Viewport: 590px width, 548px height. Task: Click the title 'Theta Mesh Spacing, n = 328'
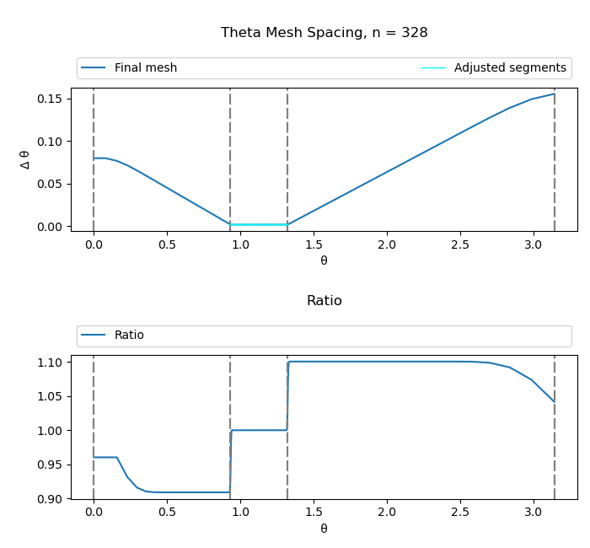tap(324, 33)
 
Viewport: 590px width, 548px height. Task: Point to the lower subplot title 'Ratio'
tap(324, 301)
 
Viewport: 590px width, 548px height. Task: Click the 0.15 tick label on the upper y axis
tap(50, 99)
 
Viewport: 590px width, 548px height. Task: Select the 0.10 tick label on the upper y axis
tap(50, 142)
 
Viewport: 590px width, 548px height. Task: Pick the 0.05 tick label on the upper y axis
tap(50, 184)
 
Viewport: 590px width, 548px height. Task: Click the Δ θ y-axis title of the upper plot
tap(24, 159)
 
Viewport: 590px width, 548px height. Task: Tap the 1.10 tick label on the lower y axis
tap(50, 363)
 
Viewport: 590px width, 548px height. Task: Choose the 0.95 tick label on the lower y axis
tap(50, 465)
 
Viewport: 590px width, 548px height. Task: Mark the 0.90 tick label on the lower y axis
tap(50, 499)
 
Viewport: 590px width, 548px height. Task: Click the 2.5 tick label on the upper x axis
tap(460, 244)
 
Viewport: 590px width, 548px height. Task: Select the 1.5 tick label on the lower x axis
tap(314, 513)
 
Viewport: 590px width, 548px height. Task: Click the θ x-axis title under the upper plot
tap(324, 261)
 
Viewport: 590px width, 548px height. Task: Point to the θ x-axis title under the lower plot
tap(324, 529)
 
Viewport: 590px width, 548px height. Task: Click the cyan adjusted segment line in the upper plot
tap(259, 224)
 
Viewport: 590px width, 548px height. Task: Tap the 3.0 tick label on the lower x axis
tap(534, 513)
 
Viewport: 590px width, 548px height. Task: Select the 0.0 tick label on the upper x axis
tap(94, 244)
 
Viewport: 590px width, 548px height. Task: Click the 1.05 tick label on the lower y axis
tap(50, 396)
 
